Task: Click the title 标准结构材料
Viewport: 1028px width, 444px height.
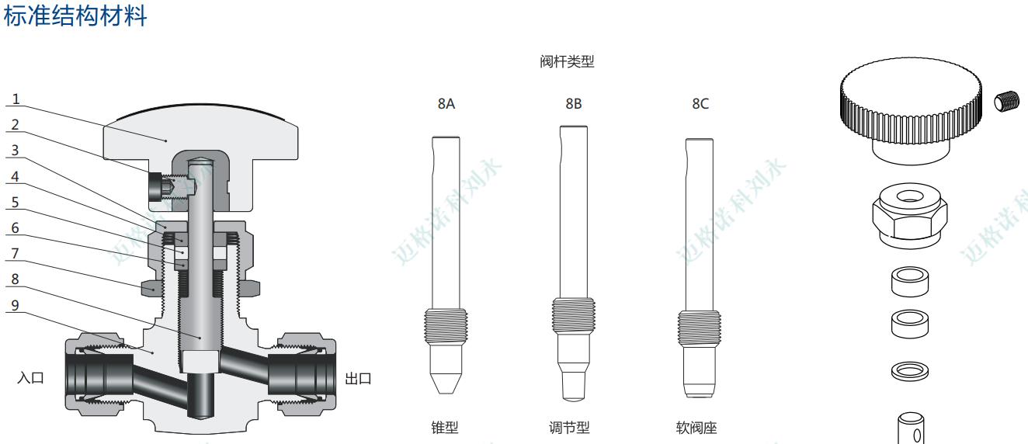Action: [x=75, y=16]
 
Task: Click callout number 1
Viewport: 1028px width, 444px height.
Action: [x=16, y=99]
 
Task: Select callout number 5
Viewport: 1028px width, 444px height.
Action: [x=16, y=203]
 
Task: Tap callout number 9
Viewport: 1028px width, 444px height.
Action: [x=16, y=306]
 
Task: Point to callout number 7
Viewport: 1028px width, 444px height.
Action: [x=16, y=254]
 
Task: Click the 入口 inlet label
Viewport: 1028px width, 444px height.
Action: [x=31, y=378]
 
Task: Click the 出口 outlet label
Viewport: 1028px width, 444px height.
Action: [x=358, y=379]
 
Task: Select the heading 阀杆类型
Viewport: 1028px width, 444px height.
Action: [x=567, y=61]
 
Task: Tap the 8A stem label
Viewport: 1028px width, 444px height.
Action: [x=446, y=104]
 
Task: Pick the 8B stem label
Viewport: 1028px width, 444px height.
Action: [x=574, y=104]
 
